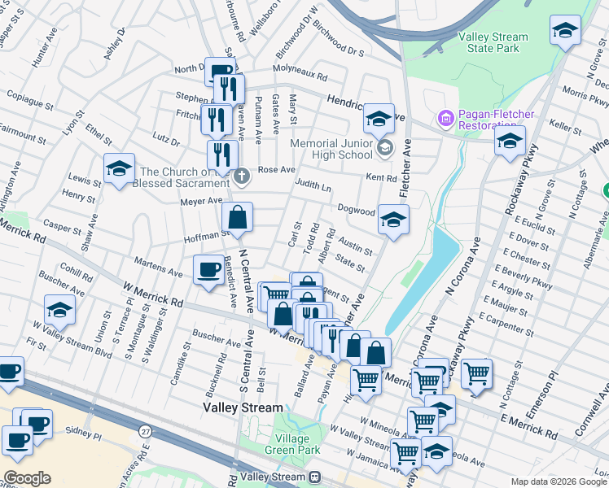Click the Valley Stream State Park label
pyautogui.click(x=493, y=42)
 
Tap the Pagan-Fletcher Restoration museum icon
pyautogui.click(x=445, y=119)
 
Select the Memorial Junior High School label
pyautogui.click(x=332, y=150)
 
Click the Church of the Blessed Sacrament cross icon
pyautogui.click(x=242, y=176)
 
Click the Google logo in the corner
pyautogui.click(x=27, y=478)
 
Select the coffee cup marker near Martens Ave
pyautogui.click(x=208, y=269)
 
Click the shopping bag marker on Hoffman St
pyautogui.click(x=237, y=218)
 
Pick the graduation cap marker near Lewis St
pyautogui.click(x=119, y=169)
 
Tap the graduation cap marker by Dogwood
pyautogui.click(x=393, y=220)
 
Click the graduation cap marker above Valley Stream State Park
pyautogui.click(x=565, y=31)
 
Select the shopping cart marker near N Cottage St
pyautogui.click(x=476, y=374)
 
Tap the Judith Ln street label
pyautogui.click(x=313, y=187)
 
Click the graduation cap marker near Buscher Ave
pyautogui.click(x=60, y=310)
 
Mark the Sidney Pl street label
pyautogui.click(x=85, y=436)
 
